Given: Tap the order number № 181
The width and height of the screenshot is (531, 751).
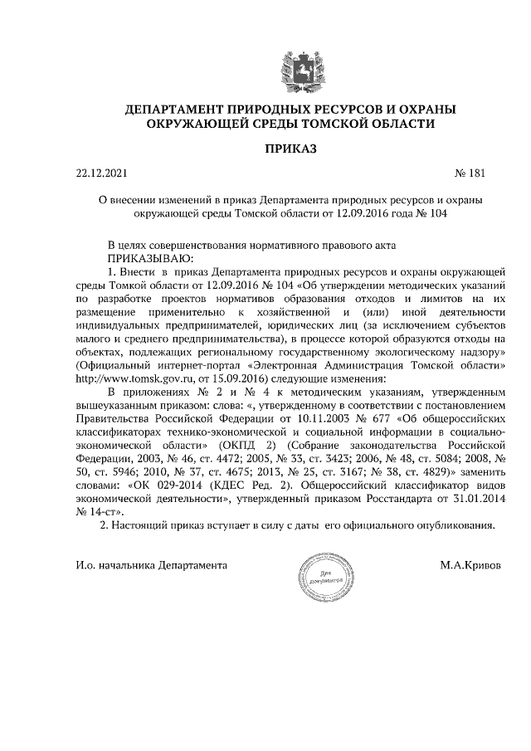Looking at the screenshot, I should (469, 174).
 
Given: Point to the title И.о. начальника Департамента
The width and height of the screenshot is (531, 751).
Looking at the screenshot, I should (150, 564).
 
